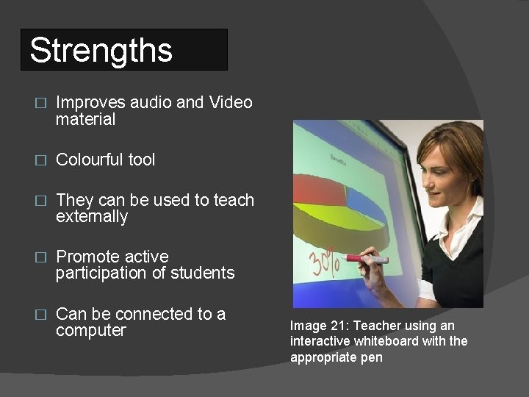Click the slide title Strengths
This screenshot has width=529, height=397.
101,51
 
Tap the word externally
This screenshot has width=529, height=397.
92,217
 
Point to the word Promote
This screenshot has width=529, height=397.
86,257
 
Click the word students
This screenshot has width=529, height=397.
202,273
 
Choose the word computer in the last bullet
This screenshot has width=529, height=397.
90,331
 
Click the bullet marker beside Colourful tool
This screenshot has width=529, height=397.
41,160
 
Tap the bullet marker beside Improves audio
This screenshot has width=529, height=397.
41,104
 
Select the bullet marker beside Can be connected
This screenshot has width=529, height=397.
41,315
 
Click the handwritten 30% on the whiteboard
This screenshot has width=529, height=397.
324,260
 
